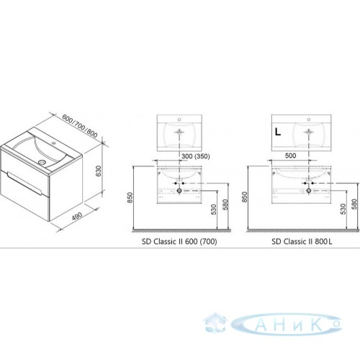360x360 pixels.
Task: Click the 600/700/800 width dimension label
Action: pos(80,126)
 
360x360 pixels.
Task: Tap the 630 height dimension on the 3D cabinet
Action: pos(99,171)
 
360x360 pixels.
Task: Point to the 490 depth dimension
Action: pos(77,216)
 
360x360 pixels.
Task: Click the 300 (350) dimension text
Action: pos(196,156)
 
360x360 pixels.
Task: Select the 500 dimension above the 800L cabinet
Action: pos(290,156)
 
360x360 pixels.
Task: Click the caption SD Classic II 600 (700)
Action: pos(179,241)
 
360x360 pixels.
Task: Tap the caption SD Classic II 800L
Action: pos(302,241)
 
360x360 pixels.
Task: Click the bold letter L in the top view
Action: pos(278,132)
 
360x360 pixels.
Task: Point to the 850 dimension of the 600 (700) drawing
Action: pos(130,197)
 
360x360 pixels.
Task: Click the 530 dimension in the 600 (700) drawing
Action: pos(214,209)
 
